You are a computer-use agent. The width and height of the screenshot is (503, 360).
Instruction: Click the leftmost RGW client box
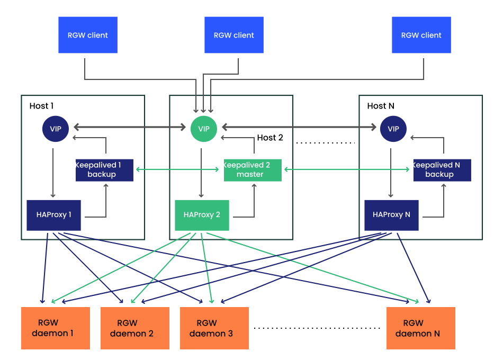(87, 35)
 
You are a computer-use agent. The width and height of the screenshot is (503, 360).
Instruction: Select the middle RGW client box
(233, 35)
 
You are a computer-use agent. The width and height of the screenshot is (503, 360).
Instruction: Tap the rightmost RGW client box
(421, 35)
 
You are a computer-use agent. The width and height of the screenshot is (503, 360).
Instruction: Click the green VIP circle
(204, 129)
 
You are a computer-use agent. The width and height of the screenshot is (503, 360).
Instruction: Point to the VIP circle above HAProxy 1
(56, 129)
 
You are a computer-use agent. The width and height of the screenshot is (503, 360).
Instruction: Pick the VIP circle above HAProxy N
(393, 129)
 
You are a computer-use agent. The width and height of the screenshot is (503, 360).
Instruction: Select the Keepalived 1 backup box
(104, 169)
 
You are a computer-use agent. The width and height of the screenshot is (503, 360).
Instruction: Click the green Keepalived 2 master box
(252, 169)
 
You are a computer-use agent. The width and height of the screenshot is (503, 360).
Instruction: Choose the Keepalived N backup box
(442, 169)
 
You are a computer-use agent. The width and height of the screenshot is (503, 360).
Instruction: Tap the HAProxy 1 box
(53, 215)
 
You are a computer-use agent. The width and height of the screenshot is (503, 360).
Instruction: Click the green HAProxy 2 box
(202, 215)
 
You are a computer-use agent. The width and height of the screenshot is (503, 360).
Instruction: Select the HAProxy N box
(391, 215)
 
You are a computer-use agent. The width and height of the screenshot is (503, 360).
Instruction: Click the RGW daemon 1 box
(56, 328)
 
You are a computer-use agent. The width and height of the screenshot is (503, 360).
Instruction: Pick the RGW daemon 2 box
(135, 328)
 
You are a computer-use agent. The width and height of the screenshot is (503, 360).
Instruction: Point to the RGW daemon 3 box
(214, 328)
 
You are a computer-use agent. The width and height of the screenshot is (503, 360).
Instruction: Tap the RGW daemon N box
(421, 328)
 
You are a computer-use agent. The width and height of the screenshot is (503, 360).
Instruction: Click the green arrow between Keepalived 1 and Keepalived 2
(178, 169)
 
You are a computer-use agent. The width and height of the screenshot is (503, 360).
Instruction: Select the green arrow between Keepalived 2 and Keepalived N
(347, 169)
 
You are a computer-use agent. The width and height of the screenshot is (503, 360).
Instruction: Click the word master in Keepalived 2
(250, 174)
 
